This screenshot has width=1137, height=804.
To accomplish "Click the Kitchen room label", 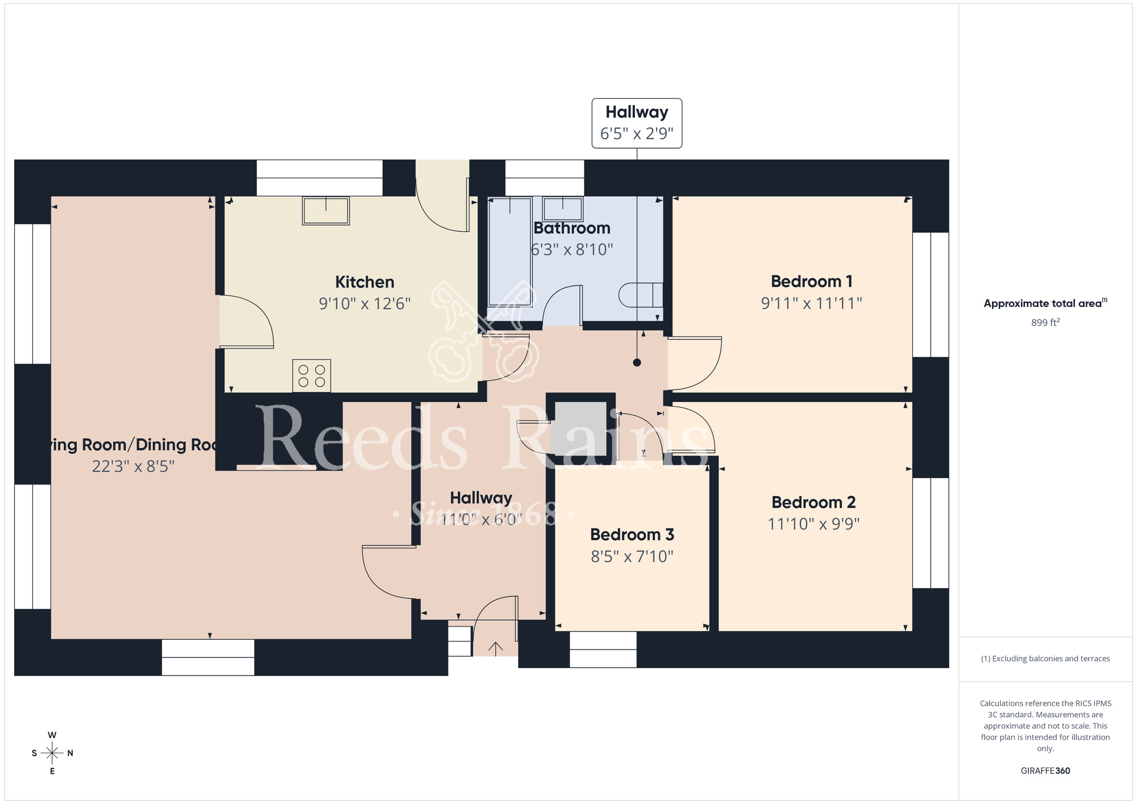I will tap(364, 282).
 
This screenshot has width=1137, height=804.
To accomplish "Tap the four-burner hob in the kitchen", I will tap(312, 376).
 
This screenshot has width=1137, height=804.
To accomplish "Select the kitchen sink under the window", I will tap(326, 211).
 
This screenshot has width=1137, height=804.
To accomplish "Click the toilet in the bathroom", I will tap(641, 295).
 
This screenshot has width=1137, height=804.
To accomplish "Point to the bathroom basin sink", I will tap(563, 209).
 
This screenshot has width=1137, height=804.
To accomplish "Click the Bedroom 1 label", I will tap(811, 281).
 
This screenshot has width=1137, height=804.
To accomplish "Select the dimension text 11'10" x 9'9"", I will tap(814, 524).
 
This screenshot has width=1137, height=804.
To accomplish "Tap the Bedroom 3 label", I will tap(632, 534).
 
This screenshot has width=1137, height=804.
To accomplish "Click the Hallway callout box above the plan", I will tap(637, 123).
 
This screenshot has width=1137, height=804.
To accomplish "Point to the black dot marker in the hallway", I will tap(637, 363).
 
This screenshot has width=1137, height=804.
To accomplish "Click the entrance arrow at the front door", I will tap(496, 648).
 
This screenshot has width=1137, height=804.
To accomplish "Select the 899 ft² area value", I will tap(1045, 322).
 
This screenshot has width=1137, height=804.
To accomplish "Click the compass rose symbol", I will tap(52, 753).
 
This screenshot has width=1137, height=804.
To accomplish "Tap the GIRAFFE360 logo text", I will tap(1045, 771).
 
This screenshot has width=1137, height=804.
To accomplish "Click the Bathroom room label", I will tap(572, 228).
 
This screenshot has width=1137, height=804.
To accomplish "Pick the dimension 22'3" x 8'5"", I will tap(133, 467).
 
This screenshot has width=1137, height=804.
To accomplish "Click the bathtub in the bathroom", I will tap(511, 251).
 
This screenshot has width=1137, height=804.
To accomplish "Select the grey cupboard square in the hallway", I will tap(580, 429).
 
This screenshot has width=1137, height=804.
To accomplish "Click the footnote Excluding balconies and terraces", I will tap(1045, 658).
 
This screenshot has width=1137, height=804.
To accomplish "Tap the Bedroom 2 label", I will tap(814, 503).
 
